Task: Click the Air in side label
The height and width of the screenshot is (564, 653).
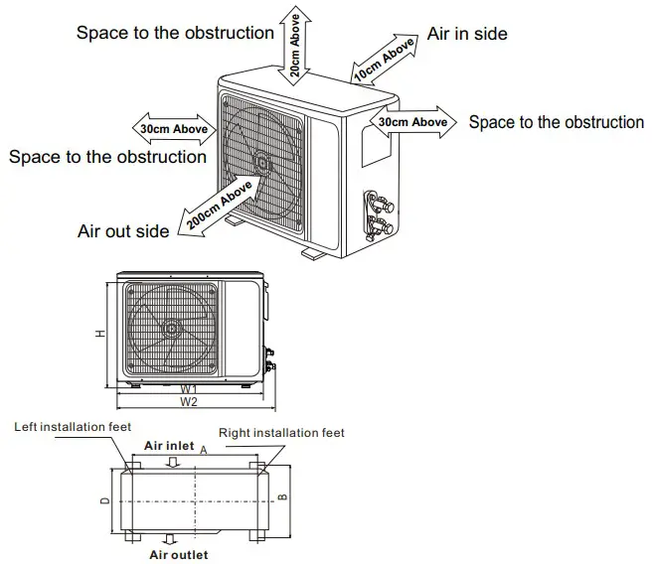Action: [x=467, y=34]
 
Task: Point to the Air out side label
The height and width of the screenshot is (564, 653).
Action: [x=123, y=231]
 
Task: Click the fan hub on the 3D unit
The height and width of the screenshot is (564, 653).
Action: [x=262, y=160]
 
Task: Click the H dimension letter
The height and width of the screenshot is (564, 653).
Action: [x=101, y=335]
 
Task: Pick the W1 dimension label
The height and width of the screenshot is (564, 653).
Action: [x=188, y=388]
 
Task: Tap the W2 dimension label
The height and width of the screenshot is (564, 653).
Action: [x=189, y=402]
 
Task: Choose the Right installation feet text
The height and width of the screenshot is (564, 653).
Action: [x=281, y=433]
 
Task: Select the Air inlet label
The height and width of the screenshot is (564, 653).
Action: [x=169, y=446]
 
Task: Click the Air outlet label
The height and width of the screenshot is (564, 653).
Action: [x=179, y=555]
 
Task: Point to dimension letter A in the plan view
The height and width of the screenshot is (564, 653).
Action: [x=203, y=450]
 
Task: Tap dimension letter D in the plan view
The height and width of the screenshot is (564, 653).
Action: [x=104, y=500]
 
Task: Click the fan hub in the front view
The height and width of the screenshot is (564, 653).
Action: [x=174, y=327]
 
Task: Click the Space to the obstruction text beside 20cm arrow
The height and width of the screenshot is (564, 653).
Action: [x=175, y=33]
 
